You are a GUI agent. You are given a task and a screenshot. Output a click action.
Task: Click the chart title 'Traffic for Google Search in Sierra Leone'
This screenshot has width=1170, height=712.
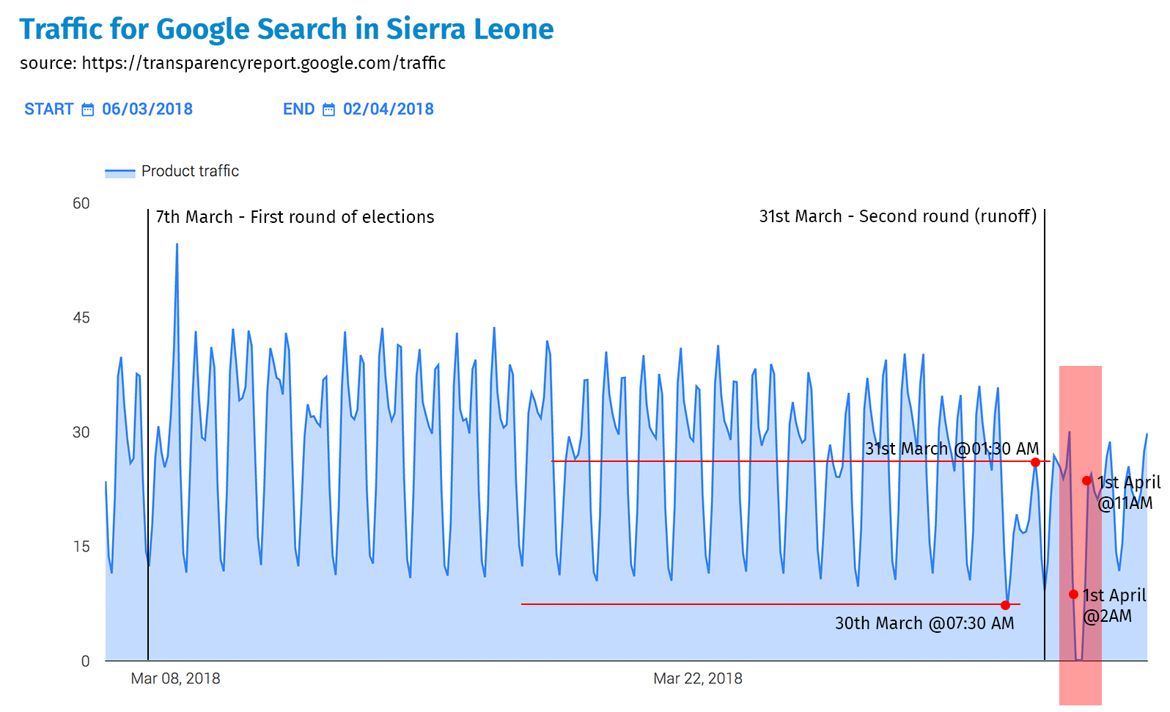pos(286,29)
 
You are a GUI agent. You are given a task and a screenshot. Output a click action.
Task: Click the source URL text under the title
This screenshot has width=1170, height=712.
pos(232,63)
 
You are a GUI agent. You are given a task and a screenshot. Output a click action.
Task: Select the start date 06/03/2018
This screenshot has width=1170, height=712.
pos(147,109)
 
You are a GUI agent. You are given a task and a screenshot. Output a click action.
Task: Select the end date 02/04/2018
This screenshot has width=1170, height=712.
pos(388,109)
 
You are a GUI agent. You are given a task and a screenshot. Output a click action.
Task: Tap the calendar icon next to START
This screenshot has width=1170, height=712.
pos(88,110)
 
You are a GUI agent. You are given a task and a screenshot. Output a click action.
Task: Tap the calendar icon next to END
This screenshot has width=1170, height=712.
pos(329,110)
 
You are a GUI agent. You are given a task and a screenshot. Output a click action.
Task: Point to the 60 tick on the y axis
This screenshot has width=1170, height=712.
pos(81,204)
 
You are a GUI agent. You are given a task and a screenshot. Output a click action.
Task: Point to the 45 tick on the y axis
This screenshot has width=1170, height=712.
pos(81,318)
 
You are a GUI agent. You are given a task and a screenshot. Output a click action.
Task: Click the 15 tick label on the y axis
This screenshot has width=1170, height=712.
pos(81,547)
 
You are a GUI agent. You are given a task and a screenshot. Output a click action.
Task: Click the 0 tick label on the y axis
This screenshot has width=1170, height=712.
pos(85,661)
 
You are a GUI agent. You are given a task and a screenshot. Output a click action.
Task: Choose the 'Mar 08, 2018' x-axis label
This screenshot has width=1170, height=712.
pos(175,679)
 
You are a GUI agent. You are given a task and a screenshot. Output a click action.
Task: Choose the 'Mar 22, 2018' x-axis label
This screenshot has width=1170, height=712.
pos(697,679)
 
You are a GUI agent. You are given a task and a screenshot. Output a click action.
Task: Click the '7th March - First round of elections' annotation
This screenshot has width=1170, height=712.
pos(295,217)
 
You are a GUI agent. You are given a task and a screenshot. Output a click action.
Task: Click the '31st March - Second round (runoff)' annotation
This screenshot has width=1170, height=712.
pos(897,216)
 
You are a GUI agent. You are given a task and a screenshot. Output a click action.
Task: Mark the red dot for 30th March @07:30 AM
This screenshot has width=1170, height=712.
pos(1005,605)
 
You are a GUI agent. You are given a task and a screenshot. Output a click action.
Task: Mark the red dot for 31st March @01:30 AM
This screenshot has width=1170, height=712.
pos(1035,462)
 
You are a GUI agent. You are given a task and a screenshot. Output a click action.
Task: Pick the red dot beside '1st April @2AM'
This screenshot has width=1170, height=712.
pos(1073,595)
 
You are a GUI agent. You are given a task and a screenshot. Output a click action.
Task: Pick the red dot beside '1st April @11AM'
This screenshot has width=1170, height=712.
pos(1086,481)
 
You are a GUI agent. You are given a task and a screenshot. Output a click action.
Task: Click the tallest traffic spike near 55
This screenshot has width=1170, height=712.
pos(177,246)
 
